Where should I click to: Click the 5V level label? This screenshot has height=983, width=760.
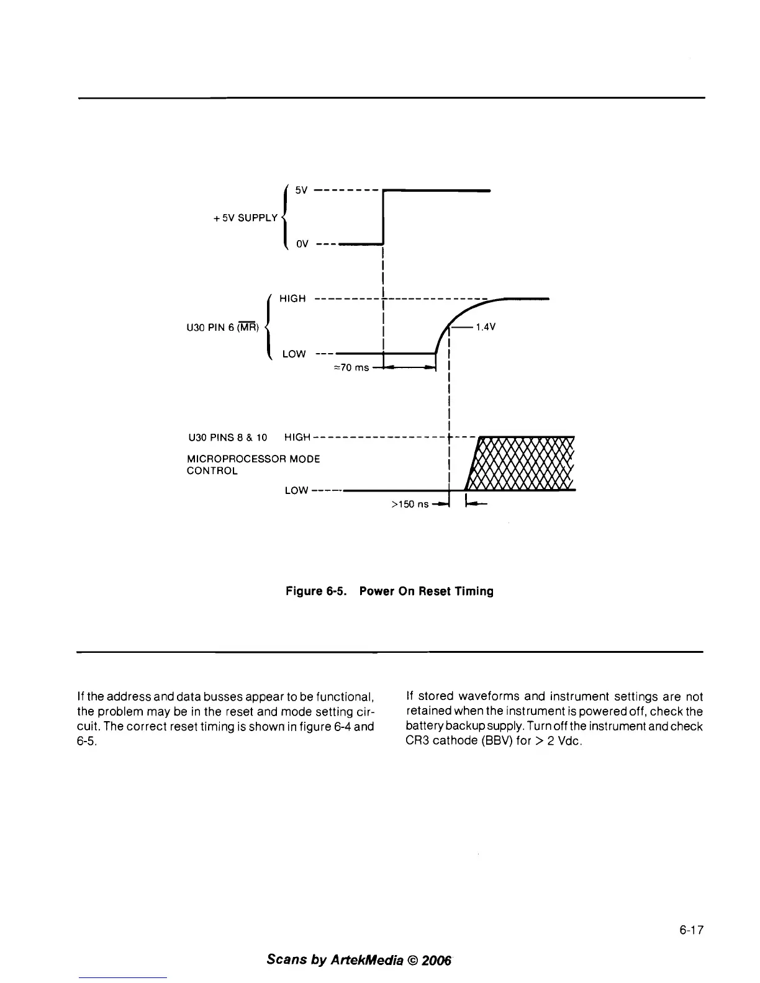click(301, 191)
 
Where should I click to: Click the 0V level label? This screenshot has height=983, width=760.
click(302, 244)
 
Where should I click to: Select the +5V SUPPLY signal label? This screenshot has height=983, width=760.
click(245, 218)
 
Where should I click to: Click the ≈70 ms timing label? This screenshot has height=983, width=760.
click(351, 367)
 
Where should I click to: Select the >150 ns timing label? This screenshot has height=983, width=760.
click(410, 505)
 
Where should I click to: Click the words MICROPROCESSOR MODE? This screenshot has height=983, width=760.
click(253, 459)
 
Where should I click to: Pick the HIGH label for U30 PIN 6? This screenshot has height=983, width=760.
click(292, 299)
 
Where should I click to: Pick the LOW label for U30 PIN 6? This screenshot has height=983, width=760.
click(294, 354)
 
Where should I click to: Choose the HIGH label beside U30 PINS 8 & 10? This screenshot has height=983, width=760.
click(297, 438)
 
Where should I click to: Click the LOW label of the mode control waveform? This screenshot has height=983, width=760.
click(296, 491)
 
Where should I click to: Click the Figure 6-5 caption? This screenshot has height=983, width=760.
click(389, 591)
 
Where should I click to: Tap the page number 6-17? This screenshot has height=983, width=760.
click(690, 930)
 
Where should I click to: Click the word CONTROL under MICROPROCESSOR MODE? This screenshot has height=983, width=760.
click(212, 471)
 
